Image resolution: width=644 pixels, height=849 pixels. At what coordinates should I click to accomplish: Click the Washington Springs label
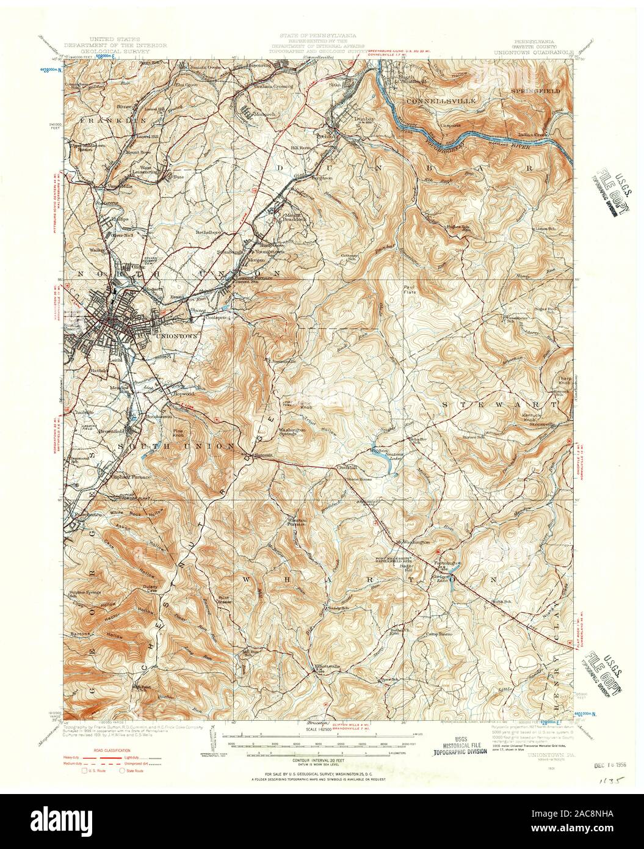click(292, 431)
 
